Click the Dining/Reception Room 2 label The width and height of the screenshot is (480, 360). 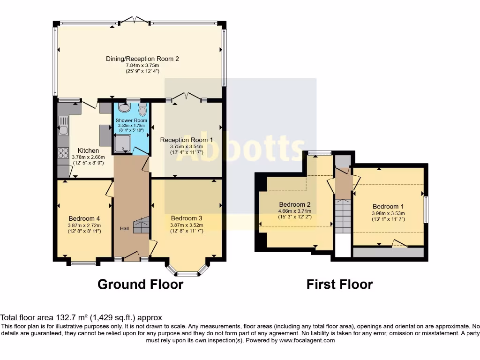(142, 59)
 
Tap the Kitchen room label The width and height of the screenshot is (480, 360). (88, 150)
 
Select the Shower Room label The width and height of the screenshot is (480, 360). (131, 120)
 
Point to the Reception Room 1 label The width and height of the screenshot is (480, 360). (187, 140)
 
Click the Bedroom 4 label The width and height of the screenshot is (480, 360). (84, 218)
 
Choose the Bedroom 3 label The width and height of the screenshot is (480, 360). (187, 218)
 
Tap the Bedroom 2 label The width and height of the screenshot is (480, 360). (295, 204)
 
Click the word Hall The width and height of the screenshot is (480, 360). (124, 228)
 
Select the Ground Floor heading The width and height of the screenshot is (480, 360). (141, 285)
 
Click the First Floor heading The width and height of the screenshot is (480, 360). (340, 285)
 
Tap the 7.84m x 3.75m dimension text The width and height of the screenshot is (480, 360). (142, 66)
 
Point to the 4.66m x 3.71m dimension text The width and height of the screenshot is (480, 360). (295, 211)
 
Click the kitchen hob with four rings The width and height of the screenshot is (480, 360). (63, 153)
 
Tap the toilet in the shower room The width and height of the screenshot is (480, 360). (142, 109)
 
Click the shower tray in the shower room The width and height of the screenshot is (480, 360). (123, 143)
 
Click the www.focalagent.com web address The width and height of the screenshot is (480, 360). (307, 340)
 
